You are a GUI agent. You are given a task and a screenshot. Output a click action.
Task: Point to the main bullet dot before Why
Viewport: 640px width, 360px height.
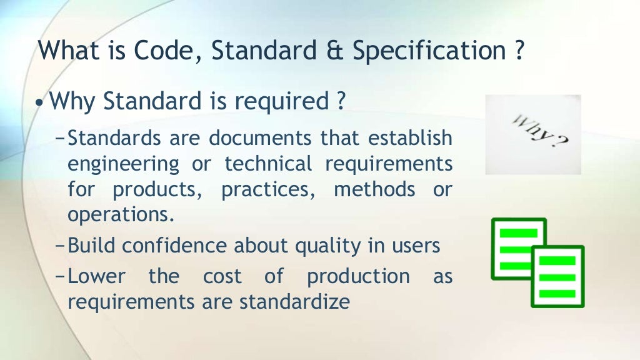pos(41,102)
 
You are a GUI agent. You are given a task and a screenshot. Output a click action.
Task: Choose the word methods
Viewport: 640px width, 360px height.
pos(374,189)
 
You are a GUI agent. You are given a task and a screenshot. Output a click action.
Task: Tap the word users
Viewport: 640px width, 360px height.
pos(416,246)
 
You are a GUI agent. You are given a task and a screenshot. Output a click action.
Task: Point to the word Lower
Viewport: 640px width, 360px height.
pos(96,276)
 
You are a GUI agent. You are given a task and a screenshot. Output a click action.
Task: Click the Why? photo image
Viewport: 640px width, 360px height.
pos(532,134)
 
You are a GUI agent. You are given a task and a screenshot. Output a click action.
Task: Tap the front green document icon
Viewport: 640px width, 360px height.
pos(557,276)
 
